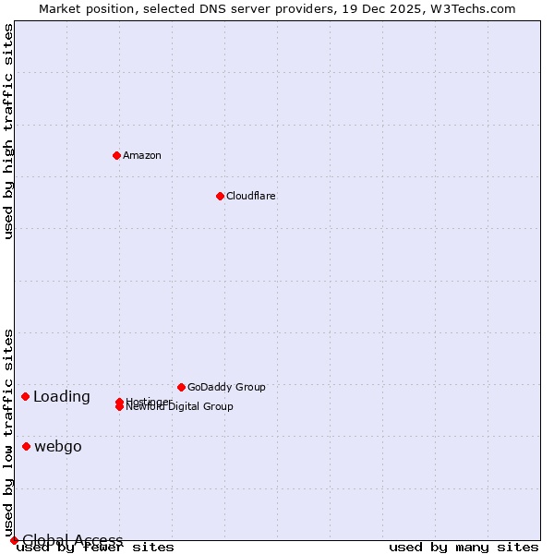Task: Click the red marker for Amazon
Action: [x=116, y=155]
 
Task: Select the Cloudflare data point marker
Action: [x=220, y=196]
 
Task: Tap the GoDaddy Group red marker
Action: [x=181, y=387]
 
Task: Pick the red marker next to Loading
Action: [x=25, y=396]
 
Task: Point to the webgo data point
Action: [x=26, y=446]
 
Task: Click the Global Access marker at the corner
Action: [x=14, y=540]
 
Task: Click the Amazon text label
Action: [x=142, y=155]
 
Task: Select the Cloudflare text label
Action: [x=251, y=196]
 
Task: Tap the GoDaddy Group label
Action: [x=226, y=387]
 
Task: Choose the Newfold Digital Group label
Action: [x=180, y=407]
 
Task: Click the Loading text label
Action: [x=62, y=397]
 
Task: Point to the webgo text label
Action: [x=58, y=447]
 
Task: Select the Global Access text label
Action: [x=73, y=540]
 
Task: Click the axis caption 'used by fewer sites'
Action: [x=95, y=548]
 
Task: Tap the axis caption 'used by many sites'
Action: [x=464, y=548]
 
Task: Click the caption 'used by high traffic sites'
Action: [x=9, y=131]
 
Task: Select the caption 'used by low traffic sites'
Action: [x=9, y=432]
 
